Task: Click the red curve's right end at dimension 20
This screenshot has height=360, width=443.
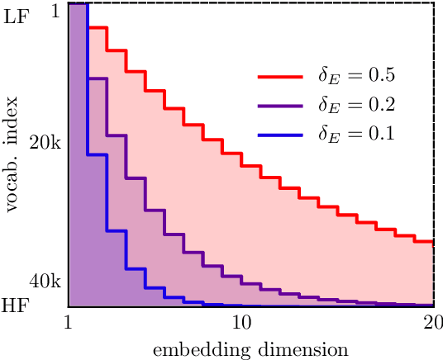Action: point(431,243)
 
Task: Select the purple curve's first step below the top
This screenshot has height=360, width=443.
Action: point(97,78)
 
